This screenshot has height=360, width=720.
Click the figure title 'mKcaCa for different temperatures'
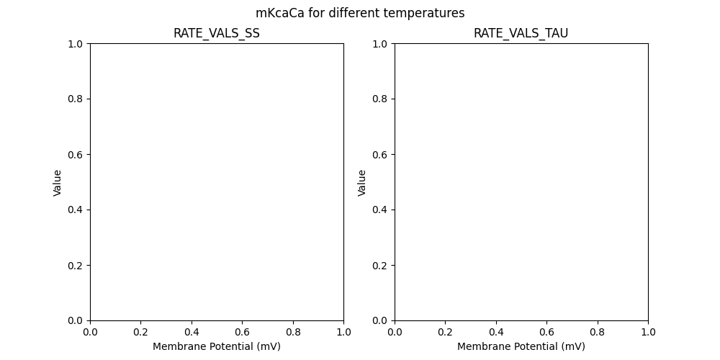[x=360, y=13]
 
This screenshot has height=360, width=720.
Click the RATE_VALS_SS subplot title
[x=217, y=33]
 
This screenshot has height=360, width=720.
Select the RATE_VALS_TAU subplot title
[x=521, y=33]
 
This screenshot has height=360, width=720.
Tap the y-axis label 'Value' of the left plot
[x=58, y=182]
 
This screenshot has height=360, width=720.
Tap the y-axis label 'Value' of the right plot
[x=362, y=182]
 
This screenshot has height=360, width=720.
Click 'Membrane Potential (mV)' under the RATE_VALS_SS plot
[x=217, y=346]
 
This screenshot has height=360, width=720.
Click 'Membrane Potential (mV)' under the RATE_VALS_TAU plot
[x=521, y=346]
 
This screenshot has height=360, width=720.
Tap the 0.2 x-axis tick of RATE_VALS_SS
[x=141, y=332]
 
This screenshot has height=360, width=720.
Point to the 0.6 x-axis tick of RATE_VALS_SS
[x=242, y=332]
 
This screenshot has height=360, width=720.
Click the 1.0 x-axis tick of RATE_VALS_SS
[x=343, y=332]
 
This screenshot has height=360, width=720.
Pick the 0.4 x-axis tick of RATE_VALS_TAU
[x=496, y=332]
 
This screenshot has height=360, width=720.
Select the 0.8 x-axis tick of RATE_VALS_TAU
[x=598, y=332]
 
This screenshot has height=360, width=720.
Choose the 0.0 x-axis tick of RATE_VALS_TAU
[x=395, y=332]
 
